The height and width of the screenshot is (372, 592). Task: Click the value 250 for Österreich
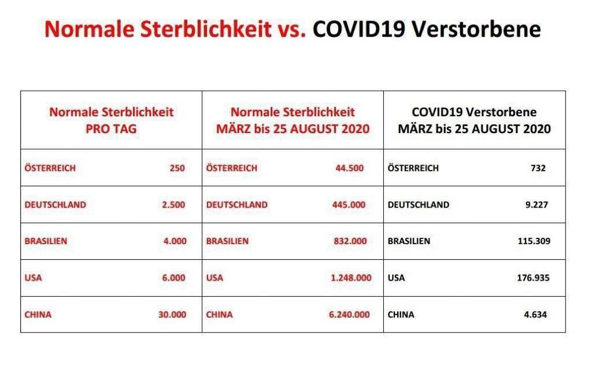[x=177, y=168]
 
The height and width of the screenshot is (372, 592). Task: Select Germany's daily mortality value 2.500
[x=173, y=205]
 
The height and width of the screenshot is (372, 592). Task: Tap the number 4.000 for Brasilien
[x=175, y=241]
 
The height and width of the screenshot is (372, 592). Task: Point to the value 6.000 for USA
[x=173, y=278]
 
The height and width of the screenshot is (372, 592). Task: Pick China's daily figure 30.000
[x=172, y=314]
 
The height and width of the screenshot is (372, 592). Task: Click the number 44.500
[x=350, y=168]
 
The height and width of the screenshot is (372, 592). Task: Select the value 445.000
[x=349, y=205]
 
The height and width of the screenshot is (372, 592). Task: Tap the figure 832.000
[x=350, y=241]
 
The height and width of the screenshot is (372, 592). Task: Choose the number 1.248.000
[x=351, y=278]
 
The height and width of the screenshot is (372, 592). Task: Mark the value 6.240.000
[x=349, y=314]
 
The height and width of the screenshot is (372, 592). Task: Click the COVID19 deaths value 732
[x=538, y=168]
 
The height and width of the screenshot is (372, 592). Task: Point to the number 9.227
[x=536, y=205]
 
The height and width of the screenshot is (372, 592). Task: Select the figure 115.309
[x=534, y=241]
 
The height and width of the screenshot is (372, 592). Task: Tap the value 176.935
[x=533, y=278]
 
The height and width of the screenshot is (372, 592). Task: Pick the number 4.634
[x=535, y=314]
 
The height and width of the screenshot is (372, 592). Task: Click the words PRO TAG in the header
[x=111, y=129]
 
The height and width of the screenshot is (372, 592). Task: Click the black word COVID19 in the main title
[x=359, y=29]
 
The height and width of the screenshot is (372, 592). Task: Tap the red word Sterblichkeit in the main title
[x=206, y=29]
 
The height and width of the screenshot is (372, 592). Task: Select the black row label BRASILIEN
[x=409, y=241]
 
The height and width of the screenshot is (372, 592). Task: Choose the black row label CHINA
[x=401, y=314]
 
